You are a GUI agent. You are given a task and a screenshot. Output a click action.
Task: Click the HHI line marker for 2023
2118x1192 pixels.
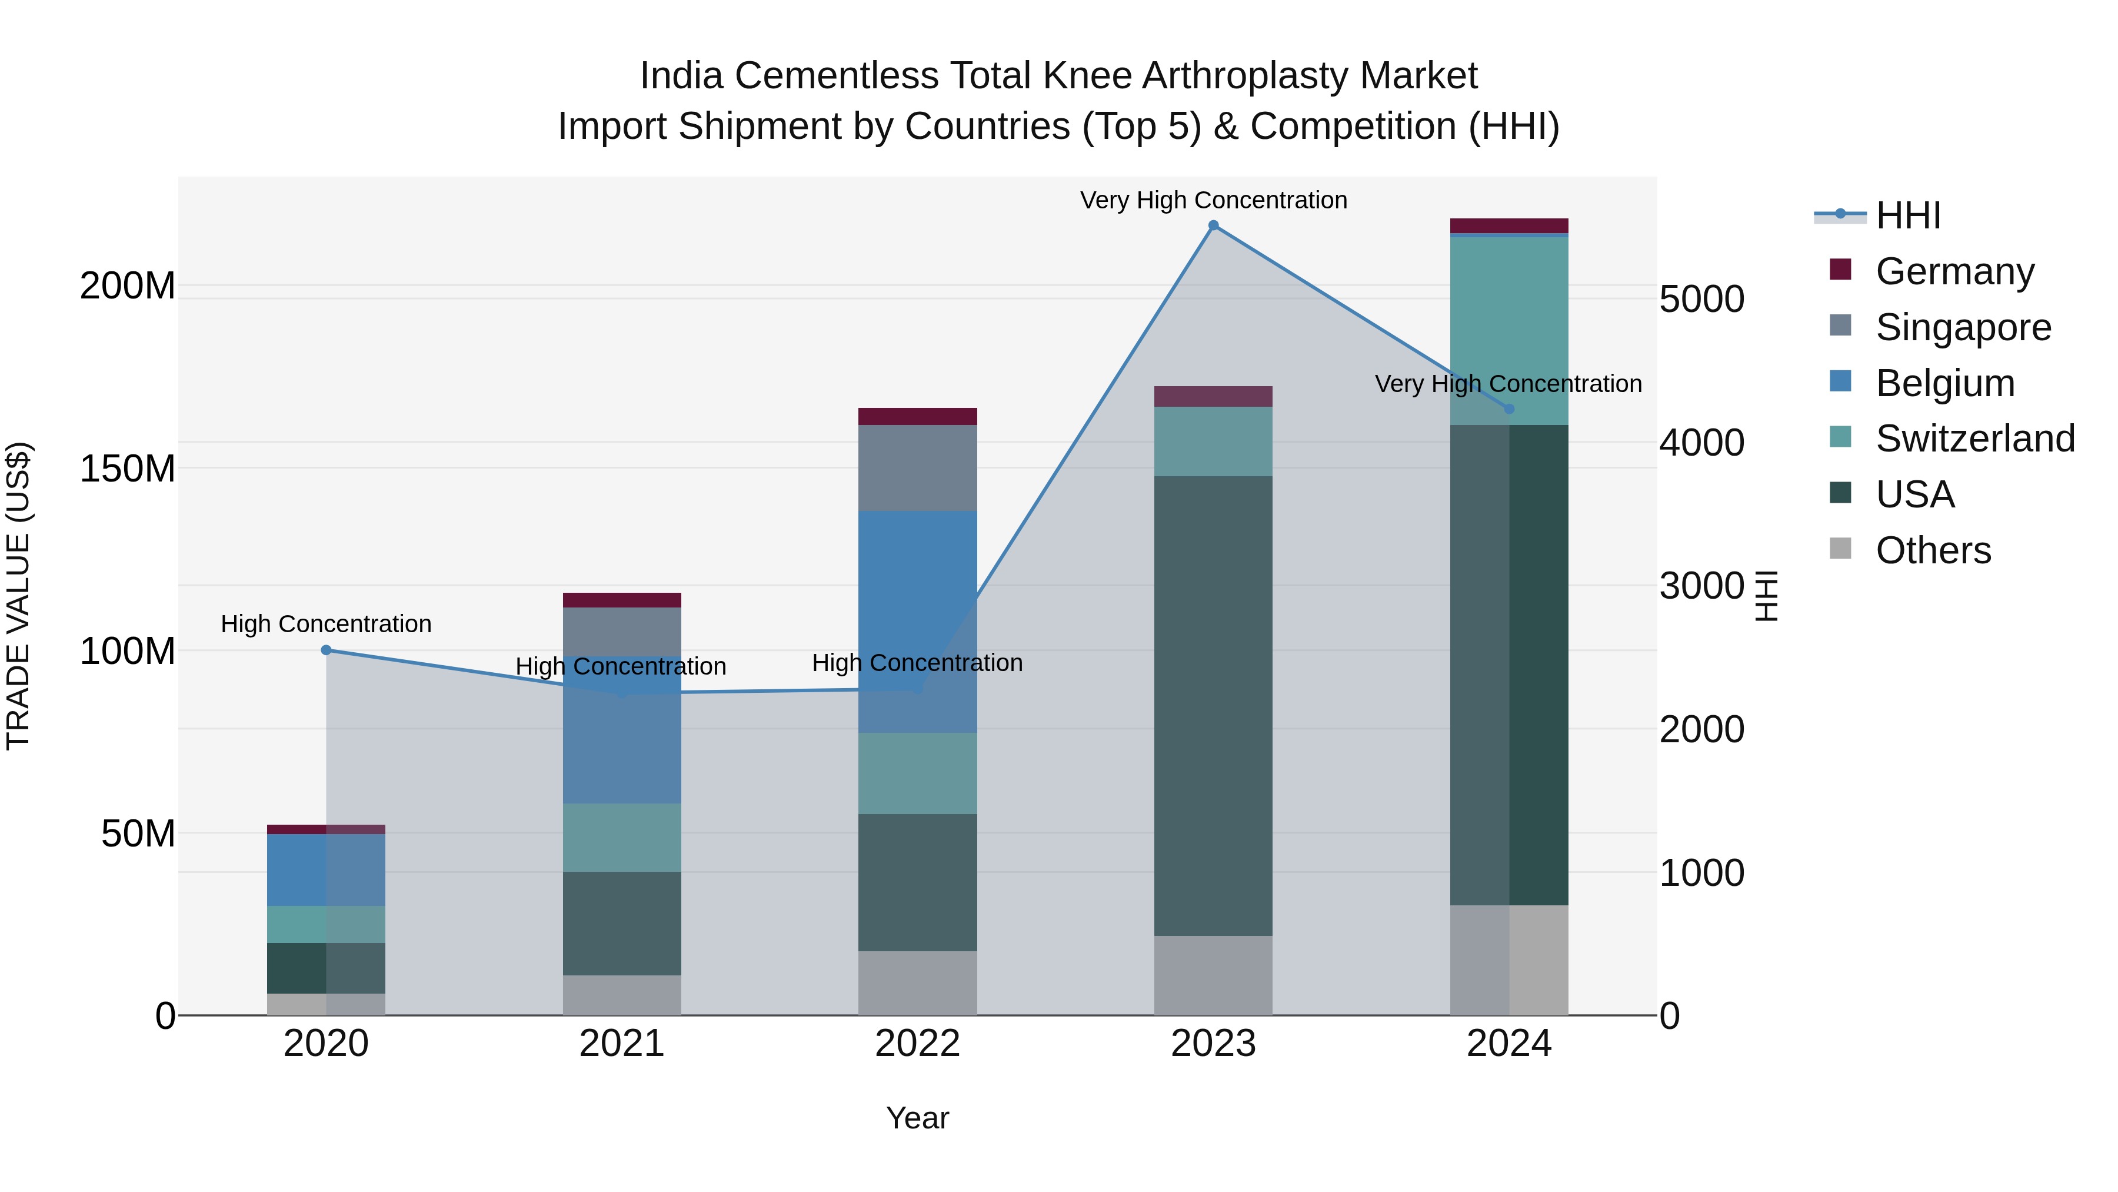(1214, 225)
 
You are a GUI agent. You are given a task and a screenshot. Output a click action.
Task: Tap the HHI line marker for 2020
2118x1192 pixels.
(327, 650)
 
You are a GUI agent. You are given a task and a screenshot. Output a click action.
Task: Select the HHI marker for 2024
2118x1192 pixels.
(1508, 409)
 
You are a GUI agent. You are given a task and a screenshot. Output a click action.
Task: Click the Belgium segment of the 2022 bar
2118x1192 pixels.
(918, 621)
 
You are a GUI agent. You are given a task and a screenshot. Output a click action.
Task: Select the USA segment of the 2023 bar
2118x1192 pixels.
(1214, 705)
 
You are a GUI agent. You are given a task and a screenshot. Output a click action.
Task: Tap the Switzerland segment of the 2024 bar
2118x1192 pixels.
(1508, 329)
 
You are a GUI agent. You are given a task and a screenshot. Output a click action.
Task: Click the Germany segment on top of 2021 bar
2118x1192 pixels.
(622, 600)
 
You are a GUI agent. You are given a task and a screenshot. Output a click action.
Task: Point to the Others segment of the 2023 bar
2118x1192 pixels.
(1214, 975)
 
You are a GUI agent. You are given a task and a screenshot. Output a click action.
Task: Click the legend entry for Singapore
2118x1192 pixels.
(1963, 327)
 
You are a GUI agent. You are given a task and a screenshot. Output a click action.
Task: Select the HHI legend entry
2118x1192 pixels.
(1907, 215)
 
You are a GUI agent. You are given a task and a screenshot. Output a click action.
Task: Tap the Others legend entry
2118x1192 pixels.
(1933, 550)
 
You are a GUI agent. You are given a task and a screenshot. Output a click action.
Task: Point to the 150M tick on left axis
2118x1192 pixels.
(128, 469)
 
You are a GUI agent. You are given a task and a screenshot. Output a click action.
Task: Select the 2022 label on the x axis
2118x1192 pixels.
(918, 1044)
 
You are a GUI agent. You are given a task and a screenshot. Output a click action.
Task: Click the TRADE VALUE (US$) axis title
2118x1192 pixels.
(18, 596)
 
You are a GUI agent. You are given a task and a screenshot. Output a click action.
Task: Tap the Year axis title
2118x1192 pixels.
(918, 1118)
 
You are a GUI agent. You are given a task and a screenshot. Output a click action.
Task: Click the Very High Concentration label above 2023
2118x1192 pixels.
(1214, 200)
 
